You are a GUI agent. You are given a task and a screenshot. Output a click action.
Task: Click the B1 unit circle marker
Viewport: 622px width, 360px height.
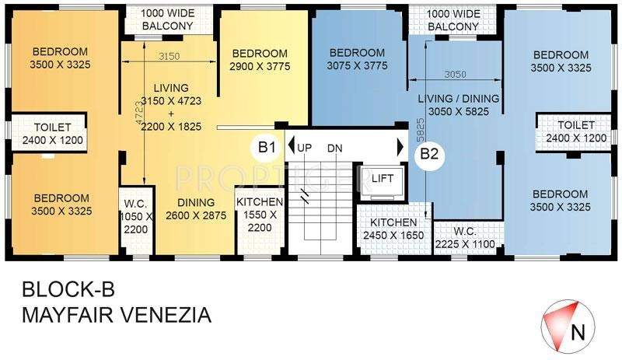click(x=267, y=146)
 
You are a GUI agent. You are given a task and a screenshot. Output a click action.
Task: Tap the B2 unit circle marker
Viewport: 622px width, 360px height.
click(x=430, y=153)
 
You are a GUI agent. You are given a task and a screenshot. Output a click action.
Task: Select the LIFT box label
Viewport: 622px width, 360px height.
click(x=383, y=179)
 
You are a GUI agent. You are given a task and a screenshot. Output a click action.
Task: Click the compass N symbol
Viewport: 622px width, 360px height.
click(x=576, y=333)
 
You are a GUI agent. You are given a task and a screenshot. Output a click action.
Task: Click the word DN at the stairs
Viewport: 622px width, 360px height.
click(x=335, y=147)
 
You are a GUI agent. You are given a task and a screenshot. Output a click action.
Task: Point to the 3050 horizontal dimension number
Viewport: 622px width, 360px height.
click(x=456, y=75)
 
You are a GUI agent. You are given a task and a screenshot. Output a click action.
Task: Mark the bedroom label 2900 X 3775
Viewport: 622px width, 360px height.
click(x=261, y=60)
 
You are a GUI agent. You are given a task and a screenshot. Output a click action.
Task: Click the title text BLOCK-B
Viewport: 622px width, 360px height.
click(x=68, y=291)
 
